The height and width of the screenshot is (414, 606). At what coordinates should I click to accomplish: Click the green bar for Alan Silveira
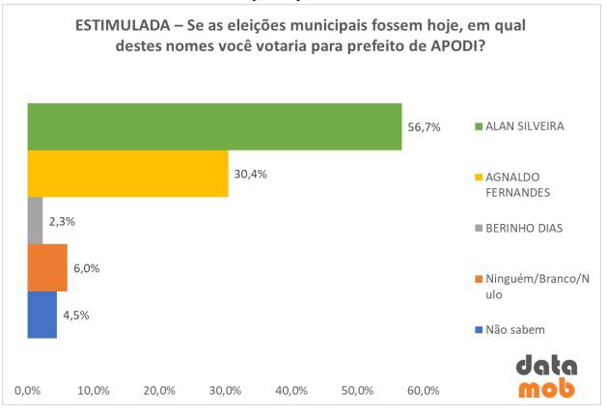(214, 126)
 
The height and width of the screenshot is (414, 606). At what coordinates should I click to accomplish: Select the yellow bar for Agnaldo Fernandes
(127, 174)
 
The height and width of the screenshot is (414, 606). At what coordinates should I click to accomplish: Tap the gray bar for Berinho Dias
(35, 221)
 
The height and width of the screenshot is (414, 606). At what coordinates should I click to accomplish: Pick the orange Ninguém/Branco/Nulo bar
(47, 267)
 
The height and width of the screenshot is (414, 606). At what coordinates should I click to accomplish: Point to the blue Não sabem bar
(41, 315)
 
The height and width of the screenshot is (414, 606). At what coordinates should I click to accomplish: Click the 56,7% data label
(424, 127)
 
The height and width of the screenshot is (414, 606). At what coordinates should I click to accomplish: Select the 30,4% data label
(250, 174)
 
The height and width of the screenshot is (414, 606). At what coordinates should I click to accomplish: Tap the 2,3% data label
(62, 221)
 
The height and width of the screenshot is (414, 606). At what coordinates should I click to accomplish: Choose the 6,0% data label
(87, 268)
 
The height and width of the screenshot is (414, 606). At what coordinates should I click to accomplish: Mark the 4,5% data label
(77, 315)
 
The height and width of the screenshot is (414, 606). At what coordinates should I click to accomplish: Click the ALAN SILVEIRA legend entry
(525, 126)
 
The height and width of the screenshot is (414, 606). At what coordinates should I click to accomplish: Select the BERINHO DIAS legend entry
(521, 230)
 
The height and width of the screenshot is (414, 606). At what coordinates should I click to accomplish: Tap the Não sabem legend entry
(514, 330)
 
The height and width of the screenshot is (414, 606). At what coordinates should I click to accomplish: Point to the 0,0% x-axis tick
(28, 391)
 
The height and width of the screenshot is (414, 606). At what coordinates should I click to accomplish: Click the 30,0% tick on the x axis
(225, 391)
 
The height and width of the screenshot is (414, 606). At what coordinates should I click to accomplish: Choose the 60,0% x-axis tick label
(423, 391)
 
